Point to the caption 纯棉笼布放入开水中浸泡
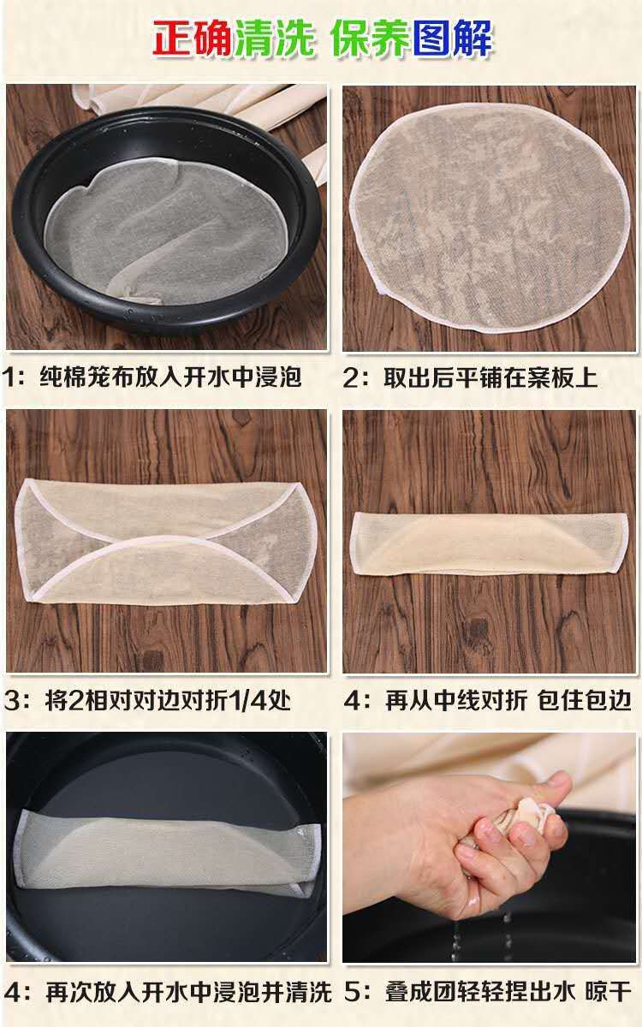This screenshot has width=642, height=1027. point(170,377)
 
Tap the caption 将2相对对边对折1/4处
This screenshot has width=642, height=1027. point(167,701)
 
